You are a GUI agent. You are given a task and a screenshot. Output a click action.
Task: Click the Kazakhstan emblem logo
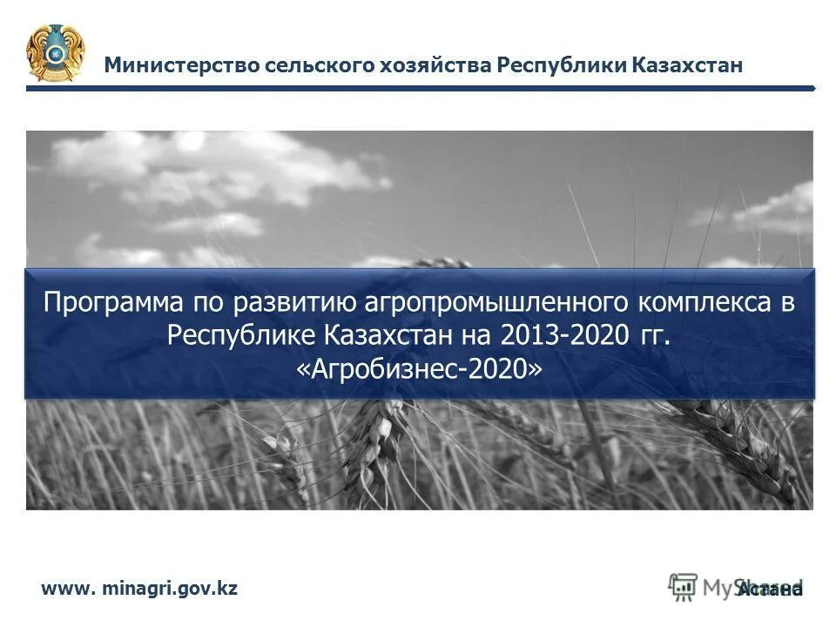tap(56, 53)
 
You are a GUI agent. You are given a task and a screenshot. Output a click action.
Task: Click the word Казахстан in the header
tap(687, 65)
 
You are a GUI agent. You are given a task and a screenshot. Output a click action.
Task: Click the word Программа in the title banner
tap(111, 303)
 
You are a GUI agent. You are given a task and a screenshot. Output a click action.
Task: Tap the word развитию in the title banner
tap(292, 303)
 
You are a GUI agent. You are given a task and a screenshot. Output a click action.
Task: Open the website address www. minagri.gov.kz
tap(139, 589)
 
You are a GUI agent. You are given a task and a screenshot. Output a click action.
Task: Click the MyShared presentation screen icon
tap(684, 586)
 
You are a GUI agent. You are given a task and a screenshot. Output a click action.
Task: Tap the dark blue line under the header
tap(418, 88)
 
